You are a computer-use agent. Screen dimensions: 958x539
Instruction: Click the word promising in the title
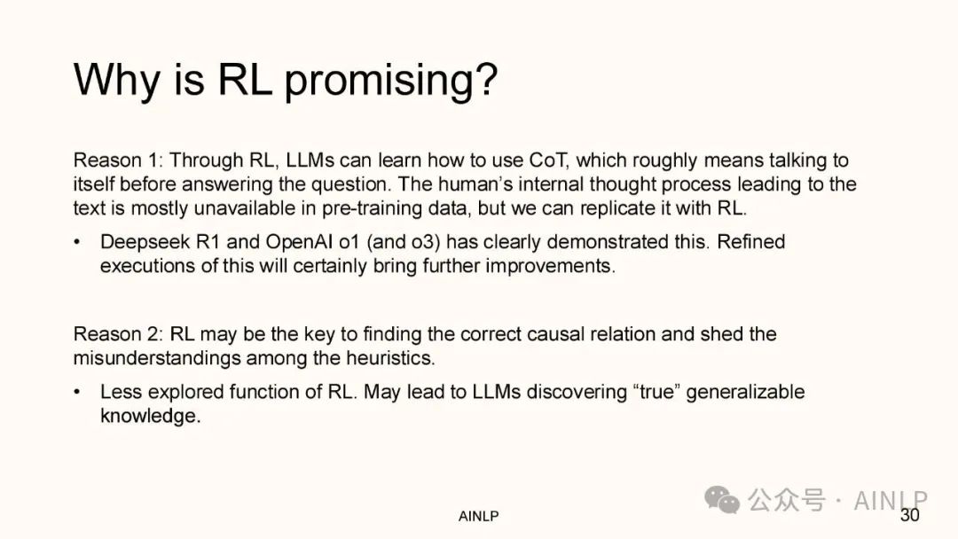(x=391, y=82)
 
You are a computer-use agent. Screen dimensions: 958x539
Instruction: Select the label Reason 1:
(x=119, y=160)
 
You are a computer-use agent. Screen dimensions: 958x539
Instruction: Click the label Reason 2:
(x=119, y=334)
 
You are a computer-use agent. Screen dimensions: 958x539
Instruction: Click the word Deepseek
(x=145, y=242)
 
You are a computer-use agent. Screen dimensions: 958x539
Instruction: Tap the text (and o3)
(x=404, y=242)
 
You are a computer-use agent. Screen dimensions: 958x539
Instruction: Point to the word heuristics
(x=390, y=357)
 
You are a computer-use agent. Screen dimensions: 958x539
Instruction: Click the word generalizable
(x=745, y=392)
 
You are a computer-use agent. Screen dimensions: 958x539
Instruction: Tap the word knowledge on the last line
(x=150, y=416)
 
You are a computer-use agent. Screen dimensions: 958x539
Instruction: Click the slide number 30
(x=910, y=515)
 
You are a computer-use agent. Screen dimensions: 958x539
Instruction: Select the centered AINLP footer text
(x=478, y=517)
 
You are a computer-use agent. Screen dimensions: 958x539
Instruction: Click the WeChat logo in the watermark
(x=722, y=500)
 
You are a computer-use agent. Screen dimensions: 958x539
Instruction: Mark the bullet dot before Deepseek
(x=77, y=242)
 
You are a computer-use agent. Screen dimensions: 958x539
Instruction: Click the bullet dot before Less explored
(x=77, y=392)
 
